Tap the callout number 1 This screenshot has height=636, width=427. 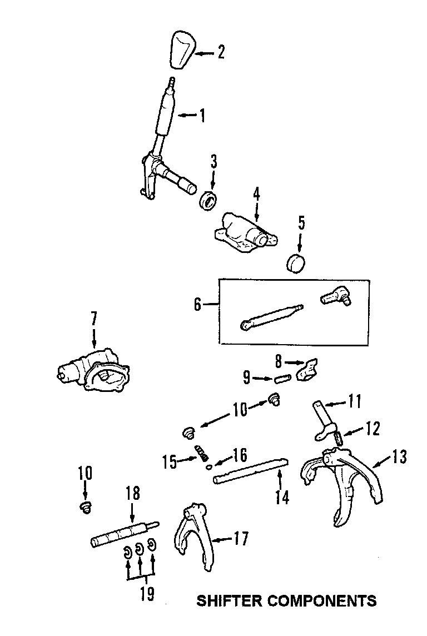202,116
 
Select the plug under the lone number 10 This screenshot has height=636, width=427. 85,507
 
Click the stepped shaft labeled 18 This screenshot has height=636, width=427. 123,534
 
